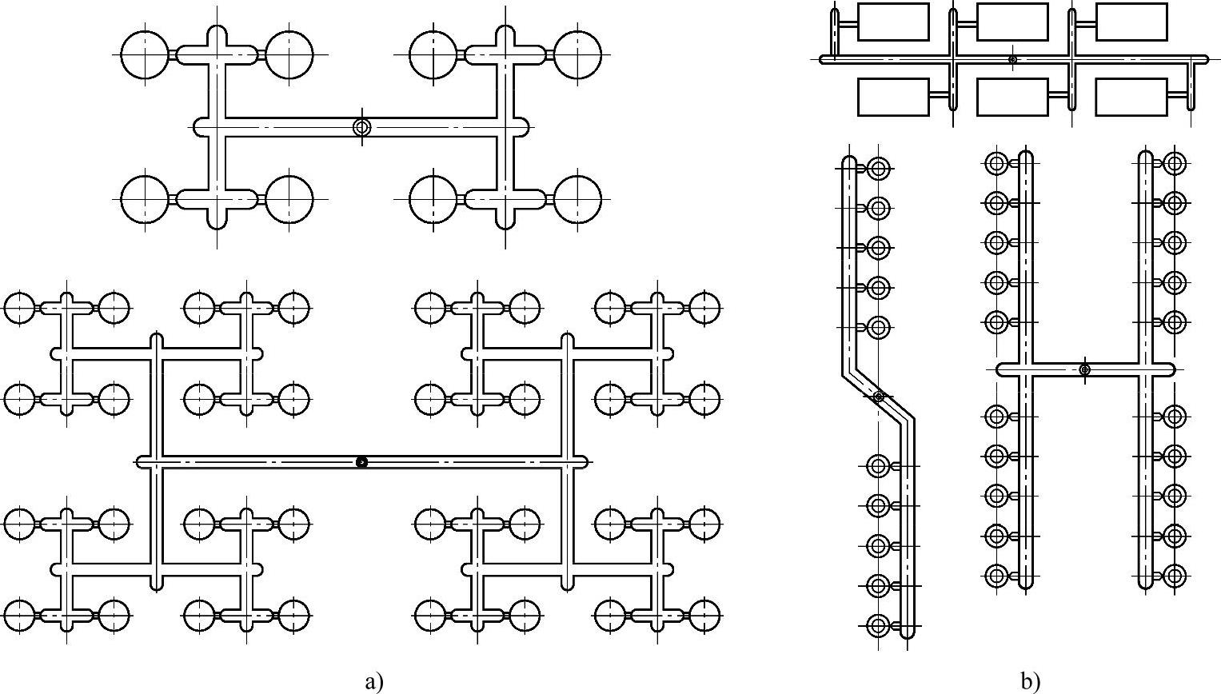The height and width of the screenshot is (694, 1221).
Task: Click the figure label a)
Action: pyautogui.click(x=374, y=681)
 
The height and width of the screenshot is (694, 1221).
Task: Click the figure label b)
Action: pyautogui.click(x=1031, y=681)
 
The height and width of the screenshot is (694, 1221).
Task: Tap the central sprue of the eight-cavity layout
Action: pyautogui.click(x=362, y=127)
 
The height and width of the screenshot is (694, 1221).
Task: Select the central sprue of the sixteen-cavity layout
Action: pyautogui.click(x=361, y=462)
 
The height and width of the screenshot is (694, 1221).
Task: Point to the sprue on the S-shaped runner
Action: pyautogui.click(x=879, y=397)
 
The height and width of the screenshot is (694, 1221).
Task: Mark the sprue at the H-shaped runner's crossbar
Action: pyautogui.click(x=1084, y=369)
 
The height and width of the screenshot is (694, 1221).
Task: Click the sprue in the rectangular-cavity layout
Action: pyautogui.click(x=1012, y=59)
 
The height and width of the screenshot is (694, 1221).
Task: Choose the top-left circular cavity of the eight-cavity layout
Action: pyautogui.click(x=146, y=55)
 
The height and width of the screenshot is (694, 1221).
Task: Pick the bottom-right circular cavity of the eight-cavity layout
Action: pyautogui.click(x=577, y=198)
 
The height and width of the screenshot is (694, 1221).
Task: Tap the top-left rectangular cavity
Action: pyautogui.click(x=893, y=22)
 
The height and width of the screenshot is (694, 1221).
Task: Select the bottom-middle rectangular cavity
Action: pyautogui.click(x=1012, y=97)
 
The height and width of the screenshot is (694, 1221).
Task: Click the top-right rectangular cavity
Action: pyautogui.click(x=1131, y=22)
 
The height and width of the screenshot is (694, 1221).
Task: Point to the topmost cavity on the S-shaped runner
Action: pyautogui.click(x=878, y=168)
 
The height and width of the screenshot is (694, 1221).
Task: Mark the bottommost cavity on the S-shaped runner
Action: pyautogui.click(x=878, y=625)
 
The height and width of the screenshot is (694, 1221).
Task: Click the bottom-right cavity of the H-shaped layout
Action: pyautogui.click(x=1174, y=575)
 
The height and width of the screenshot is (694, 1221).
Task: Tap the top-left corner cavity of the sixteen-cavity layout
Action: pyautogui.click(x=20, y=307)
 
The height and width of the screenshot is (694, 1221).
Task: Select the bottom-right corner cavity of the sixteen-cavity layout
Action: pyautogui.click(x=704, y=616)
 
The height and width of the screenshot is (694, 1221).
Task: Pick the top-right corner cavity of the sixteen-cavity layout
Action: pyautogui.click(x=704, y=307)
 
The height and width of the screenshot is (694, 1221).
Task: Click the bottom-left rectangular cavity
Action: pyautogui.click(x=893, y=97)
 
